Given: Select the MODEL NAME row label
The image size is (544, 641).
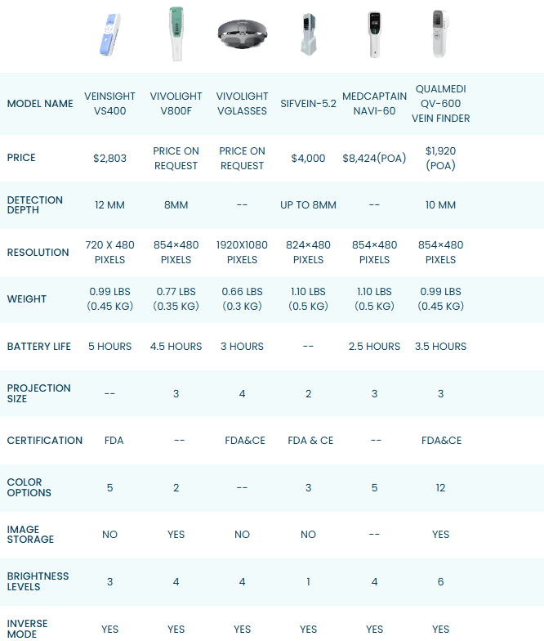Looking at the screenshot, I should [40, 104].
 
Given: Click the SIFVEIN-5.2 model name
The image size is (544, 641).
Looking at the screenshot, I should [308, 104].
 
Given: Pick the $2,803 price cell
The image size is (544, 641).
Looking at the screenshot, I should [110, 159].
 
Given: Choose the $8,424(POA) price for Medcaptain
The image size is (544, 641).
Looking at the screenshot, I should [374, 159].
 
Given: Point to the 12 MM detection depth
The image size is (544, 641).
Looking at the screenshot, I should [110, 205].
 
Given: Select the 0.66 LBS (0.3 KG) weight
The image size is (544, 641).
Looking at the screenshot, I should [242, 299].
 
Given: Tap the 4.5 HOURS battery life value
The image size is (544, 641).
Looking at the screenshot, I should [176, 347].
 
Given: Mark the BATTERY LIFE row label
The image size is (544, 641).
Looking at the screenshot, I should [39, 347].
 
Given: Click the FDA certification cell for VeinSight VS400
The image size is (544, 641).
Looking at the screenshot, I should [114, 441].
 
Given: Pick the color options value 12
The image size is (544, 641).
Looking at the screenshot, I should [440, 488].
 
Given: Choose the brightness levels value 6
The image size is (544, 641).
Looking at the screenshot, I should [440, 582].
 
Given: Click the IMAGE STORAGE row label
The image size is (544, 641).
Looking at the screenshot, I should [31, 535].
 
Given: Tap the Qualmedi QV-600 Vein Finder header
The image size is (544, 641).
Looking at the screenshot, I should [442, 103].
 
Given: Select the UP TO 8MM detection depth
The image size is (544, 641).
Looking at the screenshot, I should [308, 205].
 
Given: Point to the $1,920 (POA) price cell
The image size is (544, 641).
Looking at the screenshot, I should [440, 159].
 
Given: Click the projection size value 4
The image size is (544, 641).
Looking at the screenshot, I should [242, 394].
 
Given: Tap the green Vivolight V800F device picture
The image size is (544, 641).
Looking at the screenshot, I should [176, 34].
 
